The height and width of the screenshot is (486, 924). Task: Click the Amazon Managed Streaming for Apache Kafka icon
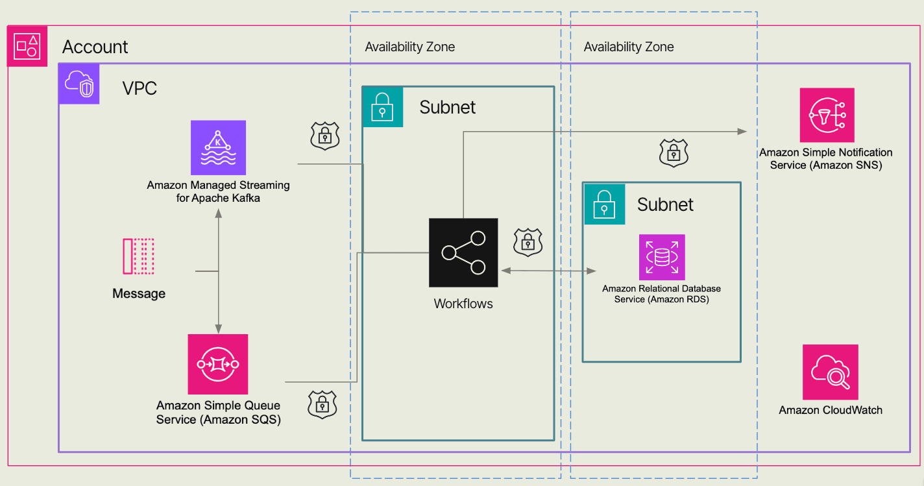click(218, 147)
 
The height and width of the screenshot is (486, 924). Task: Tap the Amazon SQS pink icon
click(218, 364)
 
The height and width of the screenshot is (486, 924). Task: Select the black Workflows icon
click(463, 252)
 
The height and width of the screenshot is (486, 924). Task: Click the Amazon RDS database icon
click(661, 257)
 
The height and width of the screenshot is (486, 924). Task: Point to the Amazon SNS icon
click(827, 115)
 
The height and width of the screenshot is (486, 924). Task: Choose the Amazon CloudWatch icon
click(830, 372)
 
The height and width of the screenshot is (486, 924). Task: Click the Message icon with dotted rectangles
click(138, 256)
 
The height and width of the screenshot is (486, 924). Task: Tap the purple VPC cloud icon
click(79, 84)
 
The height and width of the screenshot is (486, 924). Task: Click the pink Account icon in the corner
click(27, 46)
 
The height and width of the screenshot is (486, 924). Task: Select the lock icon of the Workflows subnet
click(383, 106)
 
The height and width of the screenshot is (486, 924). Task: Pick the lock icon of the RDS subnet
click(605, 204)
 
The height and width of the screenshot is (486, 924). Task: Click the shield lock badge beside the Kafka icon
click(325, 136)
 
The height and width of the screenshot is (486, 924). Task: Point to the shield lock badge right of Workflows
click(528, 241)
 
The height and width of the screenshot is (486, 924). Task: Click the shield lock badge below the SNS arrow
click(674, 153)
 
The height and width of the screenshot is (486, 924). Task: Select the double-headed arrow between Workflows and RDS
click(548, 271)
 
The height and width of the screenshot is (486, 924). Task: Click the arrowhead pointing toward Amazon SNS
click(742, 131)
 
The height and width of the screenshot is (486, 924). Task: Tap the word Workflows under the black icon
click(463, 303)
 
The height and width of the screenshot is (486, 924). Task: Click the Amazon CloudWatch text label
click(830, 409)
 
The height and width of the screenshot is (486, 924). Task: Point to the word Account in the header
click(95, 47)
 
